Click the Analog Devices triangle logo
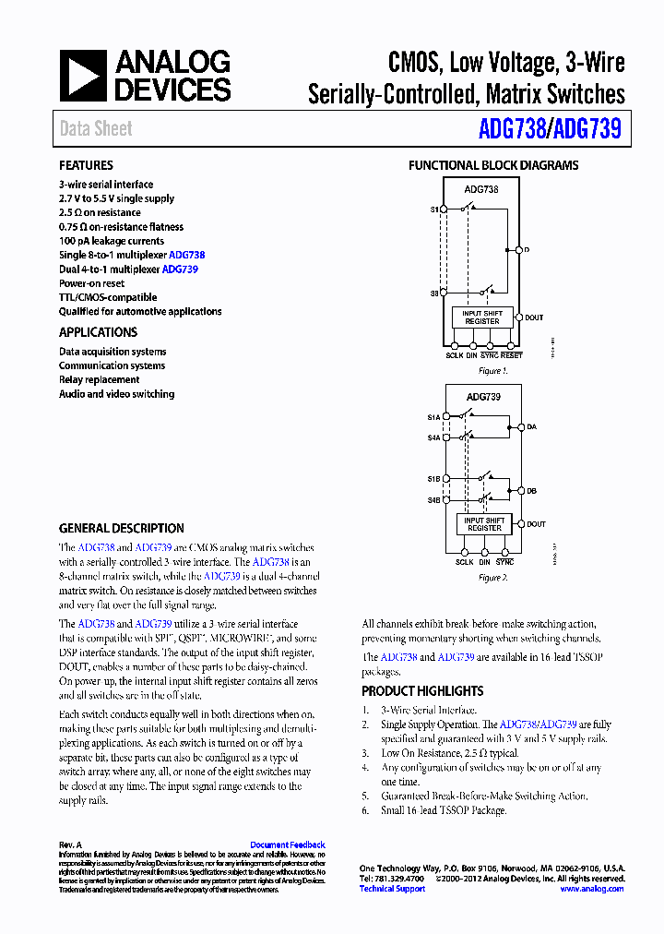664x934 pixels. (83, 75)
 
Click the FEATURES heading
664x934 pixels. (86, 165)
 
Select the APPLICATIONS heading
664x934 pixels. (98, 332)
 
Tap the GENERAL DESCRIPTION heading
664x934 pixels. (121, 529)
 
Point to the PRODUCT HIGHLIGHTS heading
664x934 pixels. (422, 690)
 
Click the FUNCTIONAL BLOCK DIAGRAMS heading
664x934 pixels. (493, 165)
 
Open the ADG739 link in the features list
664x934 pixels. (180, 269)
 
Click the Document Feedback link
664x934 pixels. (288, 844)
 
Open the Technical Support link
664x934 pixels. (392, 889)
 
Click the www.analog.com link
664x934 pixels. (592, 889)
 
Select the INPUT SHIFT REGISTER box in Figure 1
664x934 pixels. (482, 317)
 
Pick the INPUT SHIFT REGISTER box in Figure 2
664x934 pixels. (484, 524)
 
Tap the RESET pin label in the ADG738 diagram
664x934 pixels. (512, 355)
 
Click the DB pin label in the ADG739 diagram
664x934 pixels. (531, 491)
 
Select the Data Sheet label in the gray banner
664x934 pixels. (96, 129)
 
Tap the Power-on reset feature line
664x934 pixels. (91, 283)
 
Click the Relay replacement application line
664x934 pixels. (100, 379)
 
